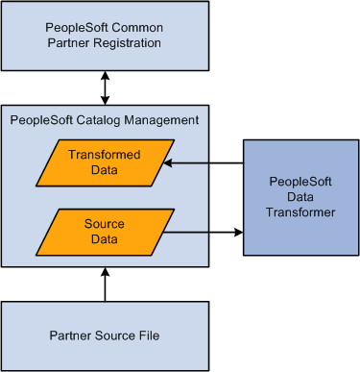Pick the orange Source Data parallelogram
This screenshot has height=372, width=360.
[x=106, y=231]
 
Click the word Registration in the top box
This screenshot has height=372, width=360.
[x=132, y=43]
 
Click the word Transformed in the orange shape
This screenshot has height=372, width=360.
[x=105, y=156]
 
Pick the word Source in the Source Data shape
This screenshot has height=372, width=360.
[x=105, y=222]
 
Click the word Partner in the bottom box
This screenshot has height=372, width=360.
[x=70, y=335]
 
